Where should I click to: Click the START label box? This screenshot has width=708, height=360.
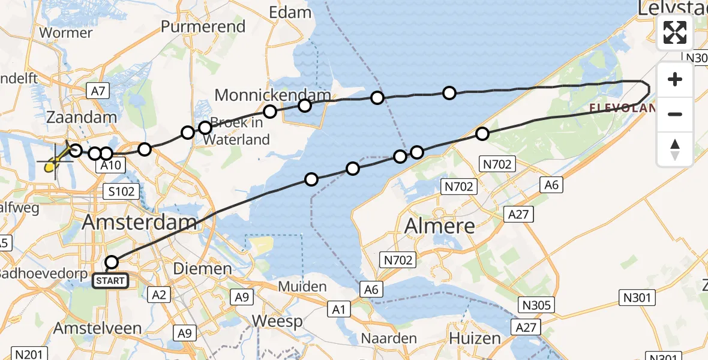pyautogui.click(x=110, y=280)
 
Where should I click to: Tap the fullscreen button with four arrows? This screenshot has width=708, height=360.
pyautogui.click(x=675, y=32)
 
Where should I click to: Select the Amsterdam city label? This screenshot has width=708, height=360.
pyautogui.click(x=139, y=223)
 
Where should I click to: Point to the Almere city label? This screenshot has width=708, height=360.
pyautogui.click(x=440, y=226)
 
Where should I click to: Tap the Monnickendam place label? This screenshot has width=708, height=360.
pyautogui.click(x=272, y=95)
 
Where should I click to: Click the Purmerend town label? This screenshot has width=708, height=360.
pyautogui.click(x=203, y=26)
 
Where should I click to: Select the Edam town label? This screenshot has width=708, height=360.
pyautogui.click(x=290, y=12)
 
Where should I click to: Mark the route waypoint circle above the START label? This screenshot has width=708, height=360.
pyautogui.click(x=112, y=262)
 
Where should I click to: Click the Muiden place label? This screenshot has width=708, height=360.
pyautogui.click(x=302, y=287)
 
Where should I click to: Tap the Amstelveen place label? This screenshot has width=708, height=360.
pyautogui.click(x=98, y=328)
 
